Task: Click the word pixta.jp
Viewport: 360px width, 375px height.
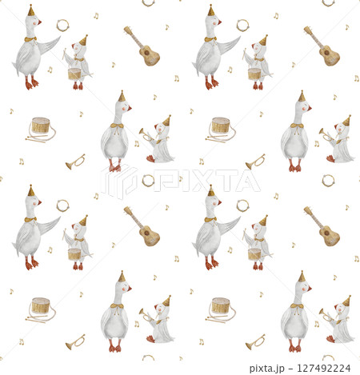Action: click(x=267, y=369)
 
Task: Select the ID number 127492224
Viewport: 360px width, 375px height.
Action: click(x=324, y=369)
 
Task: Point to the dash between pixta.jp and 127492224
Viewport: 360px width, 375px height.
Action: click(x=290, y=369)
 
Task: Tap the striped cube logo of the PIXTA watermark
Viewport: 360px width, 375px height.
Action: click(x=118, y=182)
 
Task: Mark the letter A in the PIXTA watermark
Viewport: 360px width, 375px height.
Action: click(x=248, y=181)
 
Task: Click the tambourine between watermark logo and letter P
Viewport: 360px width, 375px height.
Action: click(x=148, y=181)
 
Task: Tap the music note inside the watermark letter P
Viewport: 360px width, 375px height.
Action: click(x=181, y=178)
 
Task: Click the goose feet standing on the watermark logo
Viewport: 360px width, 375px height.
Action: click(x=114, y=168)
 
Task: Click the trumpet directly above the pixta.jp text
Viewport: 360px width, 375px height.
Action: click(x=255, y=342)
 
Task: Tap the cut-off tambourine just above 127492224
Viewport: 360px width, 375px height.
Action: click(x=328, y=357)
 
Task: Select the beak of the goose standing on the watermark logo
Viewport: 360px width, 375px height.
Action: click(x=130, y=108)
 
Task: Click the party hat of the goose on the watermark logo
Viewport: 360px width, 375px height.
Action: click(x=122, y=96)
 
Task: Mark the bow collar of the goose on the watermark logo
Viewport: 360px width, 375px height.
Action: click(x=117, y=126)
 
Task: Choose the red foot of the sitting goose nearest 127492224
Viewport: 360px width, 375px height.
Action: click(x=330, y=339)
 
